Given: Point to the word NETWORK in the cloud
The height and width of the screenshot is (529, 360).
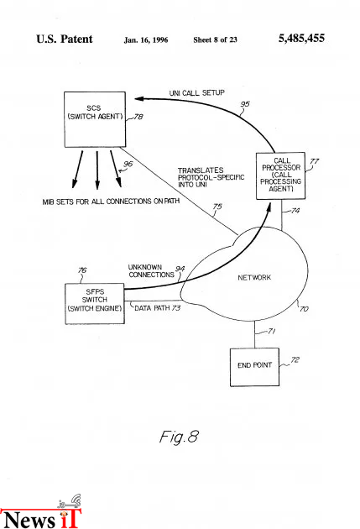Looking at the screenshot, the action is point(254,277).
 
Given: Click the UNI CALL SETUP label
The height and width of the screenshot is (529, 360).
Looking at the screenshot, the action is point(197,92).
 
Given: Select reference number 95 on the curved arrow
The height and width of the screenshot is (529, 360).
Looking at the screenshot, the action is point(245,104).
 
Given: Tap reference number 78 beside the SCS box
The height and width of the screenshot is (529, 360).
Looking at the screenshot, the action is point(138,117).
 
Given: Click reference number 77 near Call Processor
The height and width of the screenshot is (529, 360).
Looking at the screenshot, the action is point(314,161).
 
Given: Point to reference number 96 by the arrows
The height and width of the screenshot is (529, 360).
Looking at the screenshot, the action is point(128,164).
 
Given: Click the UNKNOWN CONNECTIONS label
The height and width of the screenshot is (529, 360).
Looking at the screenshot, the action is point(151,271).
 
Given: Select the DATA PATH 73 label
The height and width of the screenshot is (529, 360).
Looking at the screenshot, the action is point(158,308).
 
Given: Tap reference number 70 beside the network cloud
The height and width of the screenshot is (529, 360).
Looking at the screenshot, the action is point(304,309).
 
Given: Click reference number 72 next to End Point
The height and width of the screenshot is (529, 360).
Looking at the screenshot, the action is point(295,360).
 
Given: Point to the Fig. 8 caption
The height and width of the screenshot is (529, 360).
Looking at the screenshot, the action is point(179,437).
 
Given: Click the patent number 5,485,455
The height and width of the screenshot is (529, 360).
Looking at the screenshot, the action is point(301,38).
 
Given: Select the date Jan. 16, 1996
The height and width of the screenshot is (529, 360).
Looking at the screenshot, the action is point(146,40).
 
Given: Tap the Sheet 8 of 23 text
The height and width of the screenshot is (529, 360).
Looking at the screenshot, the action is point(215,39).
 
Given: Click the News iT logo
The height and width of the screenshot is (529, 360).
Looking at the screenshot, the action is point(40,512).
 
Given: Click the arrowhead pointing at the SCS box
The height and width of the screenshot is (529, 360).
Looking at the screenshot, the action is point(139,98).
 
